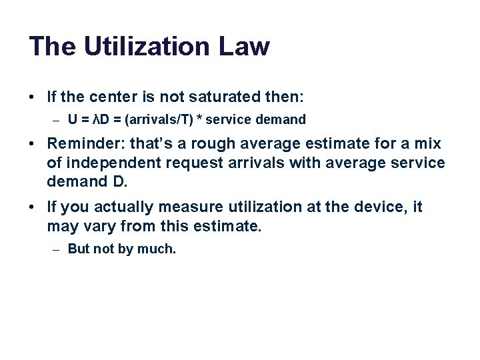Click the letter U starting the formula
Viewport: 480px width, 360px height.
click(72, 120)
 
